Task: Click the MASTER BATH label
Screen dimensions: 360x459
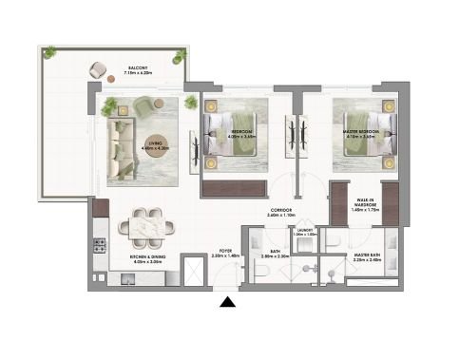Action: [368, 256]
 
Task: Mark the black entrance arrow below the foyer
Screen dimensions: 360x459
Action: [227, 303]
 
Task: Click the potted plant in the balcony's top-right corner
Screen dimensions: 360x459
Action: [177, 58]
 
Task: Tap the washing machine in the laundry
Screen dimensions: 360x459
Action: [304, 243]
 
